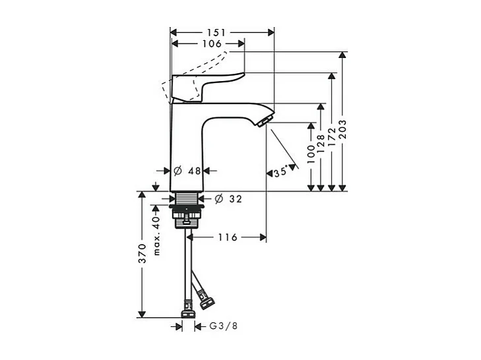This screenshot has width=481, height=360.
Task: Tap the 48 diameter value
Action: click(x=194, y=171)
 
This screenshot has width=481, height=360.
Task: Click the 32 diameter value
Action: click(x=236, y=198)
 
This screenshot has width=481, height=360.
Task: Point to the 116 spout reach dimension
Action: click(x=229, y=237)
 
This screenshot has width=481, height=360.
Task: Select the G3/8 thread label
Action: click(x=222, y=326)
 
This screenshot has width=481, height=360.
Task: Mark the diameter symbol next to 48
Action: click(x=177, y=171)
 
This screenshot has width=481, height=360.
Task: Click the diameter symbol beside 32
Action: click(x=219, y=198)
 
